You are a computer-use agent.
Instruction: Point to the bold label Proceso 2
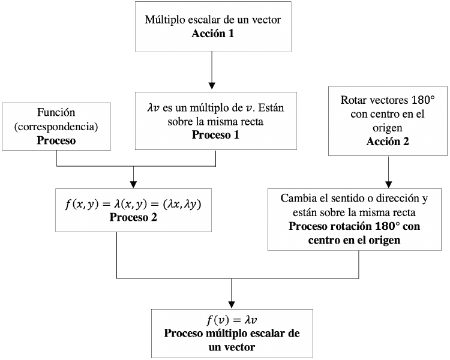133,217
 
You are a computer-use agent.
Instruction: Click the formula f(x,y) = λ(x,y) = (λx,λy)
133,203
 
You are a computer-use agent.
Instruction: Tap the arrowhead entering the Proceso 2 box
133,184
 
